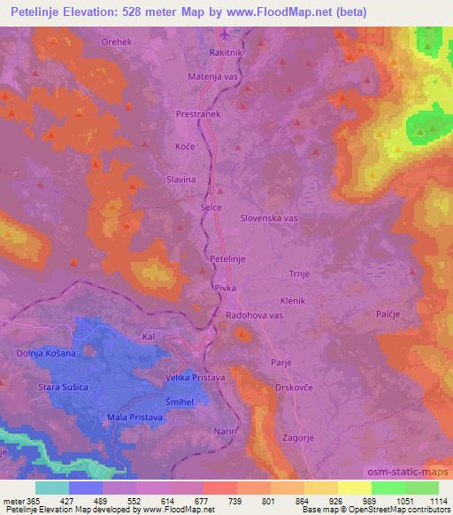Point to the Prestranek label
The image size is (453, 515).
pos(197,114)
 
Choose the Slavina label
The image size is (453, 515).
pos(180,180)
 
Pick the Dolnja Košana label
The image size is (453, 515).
pos(44,353)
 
